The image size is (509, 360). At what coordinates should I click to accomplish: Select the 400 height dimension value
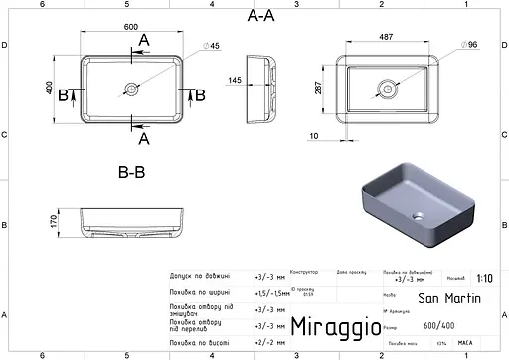click(43, 89)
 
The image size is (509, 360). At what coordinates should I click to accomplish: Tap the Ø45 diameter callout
click(214, 47)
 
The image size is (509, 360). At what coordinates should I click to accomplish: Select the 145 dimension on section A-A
click(234, 80)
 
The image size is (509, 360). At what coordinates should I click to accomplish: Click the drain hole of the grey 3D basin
click(417, 214)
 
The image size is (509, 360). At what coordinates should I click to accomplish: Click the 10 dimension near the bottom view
click(314, 135)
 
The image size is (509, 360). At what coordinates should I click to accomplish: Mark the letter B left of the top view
click(63, 94)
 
